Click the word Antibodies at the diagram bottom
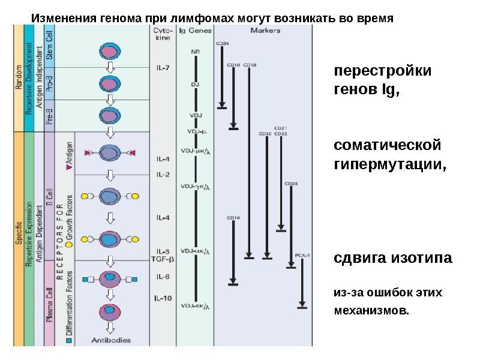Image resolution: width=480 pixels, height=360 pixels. [x=110, y=340]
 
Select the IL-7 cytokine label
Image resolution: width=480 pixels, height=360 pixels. [x=163, y=68]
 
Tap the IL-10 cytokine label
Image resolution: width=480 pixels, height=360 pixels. [x=163, y=298]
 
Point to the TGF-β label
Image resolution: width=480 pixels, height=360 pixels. [x=163, y=259]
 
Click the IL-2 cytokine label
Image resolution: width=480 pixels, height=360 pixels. [x=163, y=175]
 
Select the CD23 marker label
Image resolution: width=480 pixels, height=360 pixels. [x=292, y=183]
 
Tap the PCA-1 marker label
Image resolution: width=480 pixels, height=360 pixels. [x=303, y=256]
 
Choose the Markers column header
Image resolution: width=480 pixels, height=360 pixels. [x=263, y=30]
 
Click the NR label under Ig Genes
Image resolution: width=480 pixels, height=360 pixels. [x=195, y=52]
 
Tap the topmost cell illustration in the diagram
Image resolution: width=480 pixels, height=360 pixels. [x=110, y=51]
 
